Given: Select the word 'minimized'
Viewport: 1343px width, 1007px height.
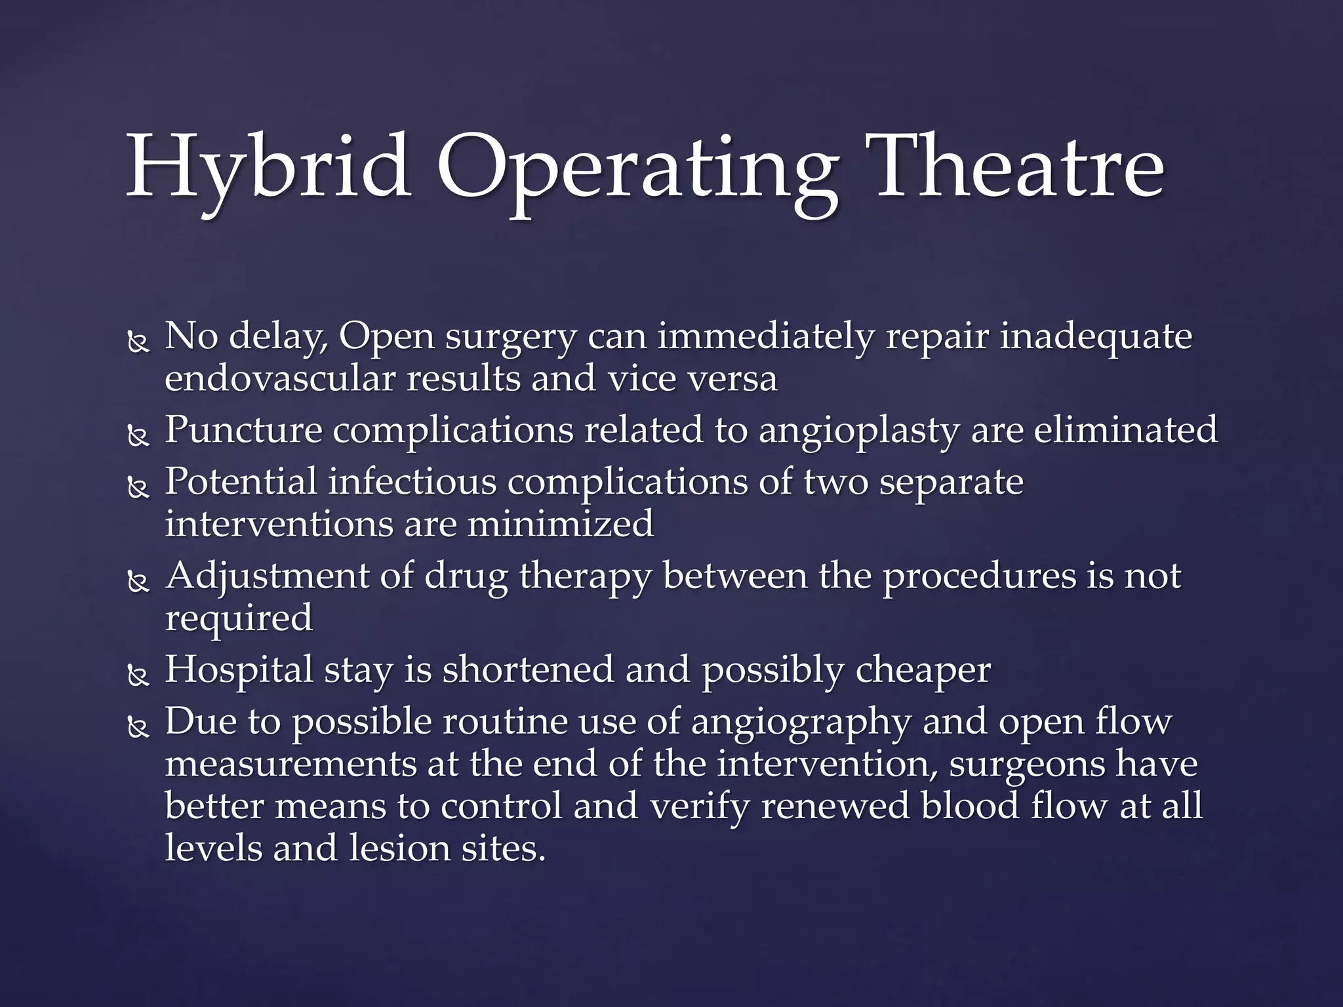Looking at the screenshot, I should [x=560, y=524].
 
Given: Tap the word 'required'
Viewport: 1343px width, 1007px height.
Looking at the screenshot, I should [x=239, y=620].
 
